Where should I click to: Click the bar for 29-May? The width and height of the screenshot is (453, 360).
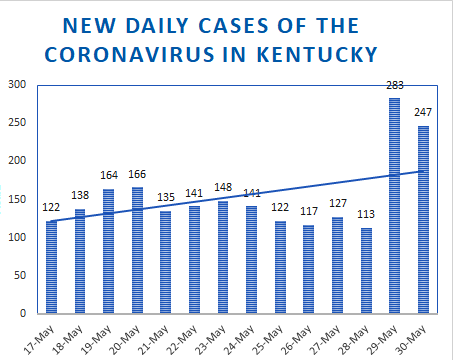point(394,206)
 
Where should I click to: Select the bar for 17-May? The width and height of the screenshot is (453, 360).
point(51,267)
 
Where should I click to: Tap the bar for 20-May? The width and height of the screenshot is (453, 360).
point(137,250)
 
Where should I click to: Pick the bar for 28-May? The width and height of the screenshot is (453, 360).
point(366,271)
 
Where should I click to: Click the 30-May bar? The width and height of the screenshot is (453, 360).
point(423,220)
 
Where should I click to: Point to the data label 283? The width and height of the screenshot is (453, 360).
point(395,85)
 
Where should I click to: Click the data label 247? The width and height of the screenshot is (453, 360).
point(423,112)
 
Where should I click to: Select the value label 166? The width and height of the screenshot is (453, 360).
point(137,174)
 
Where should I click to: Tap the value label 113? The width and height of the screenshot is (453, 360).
point(366,214)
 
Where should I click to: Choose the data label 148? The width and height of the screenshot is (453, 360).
point(223,187)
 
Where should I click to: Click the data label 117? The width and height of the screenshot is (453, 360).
point(309,211)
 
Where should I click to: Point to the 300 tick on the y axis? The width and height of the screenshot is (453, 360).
point(17,84)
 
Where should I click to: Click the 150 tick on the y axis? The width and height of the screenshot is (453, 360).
point(17,199)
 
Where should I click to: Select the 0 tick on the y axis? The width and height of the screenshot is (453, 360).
point(23,313)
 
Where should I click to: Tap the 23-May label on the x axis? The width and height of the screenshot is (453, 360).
point(210,339)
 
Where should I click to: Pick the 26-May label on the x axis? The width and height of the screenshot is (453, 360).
point(296,339)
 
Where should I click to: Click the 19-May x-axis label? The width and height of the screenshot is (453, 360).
point(96,339)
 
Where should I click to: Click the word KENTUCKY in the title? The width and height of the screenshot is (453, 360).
point(317,55)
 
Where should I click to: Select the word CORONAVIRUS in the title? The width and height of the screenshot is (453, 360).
point(129,55)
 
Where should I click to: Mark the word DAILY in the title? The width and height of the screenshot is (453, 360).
point(158,26)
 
